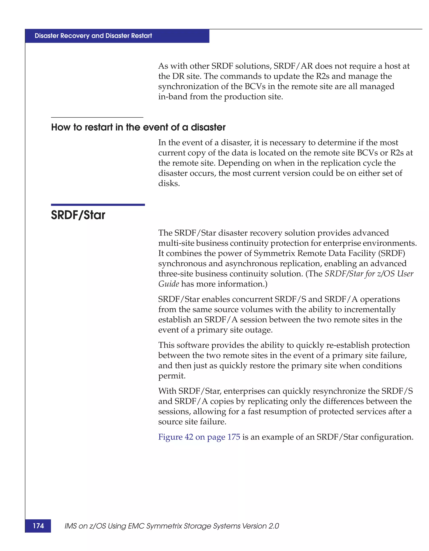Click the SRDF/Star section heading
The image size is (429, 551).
78,215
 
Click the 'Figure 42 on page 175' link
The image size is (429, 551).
199,437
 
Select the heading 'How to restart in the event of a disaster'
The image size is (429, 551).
138,127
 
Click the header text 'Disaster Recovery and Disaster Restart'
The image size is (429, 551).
93,36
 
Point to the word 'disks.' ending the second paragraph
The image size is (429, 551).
169,183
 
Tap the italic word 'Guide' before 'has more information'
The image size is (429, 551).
168,284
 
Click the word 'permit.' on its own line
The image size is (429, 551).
172,376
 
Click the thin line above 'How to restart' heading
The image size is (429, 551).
97,117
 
